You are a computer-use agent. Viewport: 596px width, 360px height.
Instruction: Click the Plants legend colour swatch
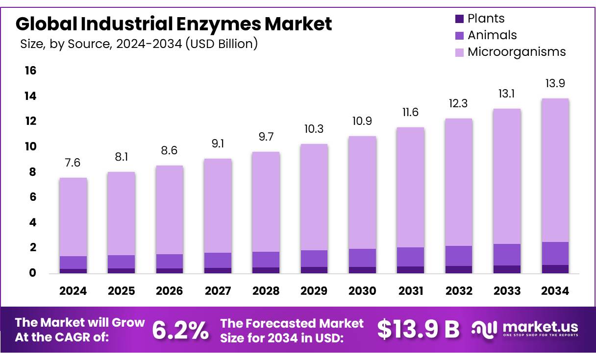click(x=459, y=19)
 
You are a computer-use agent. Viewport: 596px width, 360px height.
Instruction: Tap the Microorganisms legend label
click(x=517, y=52)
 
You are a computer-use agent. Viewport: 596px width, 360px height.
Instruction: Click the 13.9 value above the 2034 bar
click(x=555, y=83)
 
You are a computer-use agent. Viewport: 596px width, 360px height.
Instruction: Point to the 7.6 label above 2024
click(x=73, y=163)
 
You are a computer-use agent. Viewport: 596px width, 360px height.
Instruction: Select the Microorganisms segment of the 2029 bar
click(x=314, y=197)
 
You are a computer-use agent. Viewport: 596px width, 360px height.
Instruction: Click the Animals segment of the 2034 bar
click(x=555, y=253)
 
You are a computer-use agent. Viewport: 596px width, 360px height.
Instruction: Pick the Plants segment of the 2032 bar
click(x=458, y=269)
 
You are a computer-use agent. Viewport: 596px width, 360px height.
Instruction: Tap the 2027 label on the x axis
click(x=218, y=291)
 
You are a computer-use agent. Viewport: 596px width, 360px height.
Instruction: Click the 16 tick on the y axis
click(x=30, y=71)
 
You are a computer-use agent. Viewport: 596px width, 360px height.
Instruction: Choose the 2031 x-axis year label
click(x=410, y=291)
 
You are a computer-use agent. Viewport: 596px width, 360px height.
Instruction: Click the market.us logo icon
click(x=484, y=329)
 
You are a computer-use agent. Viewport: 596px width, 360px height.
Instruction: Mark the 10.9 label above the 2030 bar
click(x=362, y=121)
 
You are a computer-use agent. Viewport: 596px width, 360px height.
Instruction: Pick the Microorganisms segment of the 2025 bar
click(x=121, y=214)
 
